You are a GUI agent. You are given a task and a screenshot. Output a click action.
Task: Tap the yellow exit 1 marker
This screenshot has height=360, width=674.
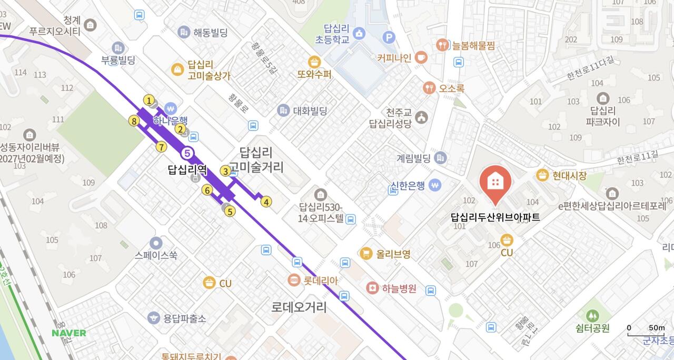(x=149, y=100)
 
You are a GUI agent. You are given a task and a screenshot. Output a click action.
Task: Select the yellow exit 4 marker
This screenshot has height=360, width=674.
(x=266, y=202)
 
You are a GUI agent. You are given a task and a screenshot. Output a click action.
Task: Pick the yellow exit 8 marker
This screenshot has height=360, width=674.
(x=134, y=122)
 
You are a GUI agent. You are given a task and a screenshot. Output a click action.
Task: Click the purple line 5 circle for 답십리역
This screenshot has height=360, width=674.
(x=187, y=153)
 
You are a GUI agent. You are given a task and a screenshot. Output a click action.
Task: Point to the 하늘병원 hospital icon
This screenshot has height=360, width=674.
(x=372, y=288)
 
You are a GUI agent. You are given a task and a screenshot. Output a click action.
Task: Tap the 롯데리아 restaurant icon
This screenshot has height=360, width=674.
(x=294, y=281)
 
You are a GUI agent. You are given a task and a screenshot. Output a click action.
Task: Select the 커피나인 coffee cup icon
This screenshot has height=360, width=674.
(x=421, y=57)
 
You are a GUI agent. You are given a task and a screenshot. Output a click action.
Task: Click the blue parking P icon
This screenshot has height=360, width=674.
(x=389, y=37)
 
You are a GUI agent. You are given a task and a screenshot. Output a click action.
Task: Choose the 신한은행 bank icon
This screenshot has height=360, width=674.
(x=434, y=185)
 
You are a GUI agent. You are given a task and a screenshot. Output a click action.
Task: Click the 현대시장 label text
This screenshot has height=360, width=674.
(x=569, y=176)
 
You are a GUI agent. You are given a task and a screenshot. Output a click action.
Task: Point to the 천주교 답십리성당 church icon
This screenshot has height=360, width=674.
(x=421, y=118)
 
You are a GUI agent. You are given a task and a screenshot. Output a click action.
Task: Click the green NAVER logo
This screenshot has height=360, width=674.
(x=69, y=333)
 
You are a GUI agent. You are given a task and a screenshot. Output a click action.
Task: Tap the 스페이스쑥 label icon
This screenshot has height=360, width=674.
(x=155, y=243)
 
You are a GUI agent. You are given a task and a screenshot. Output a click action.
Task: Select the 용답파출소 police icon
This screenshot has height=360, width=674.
(x=153, y=318)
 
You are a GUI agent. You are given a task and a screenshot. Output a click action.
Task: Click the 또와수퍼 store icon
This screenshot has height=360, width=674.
(x=315, y=62)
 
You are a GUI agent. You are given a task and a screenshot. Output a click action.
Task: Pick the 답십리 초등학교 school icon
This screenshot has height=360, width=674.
(x=359, y=34)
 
